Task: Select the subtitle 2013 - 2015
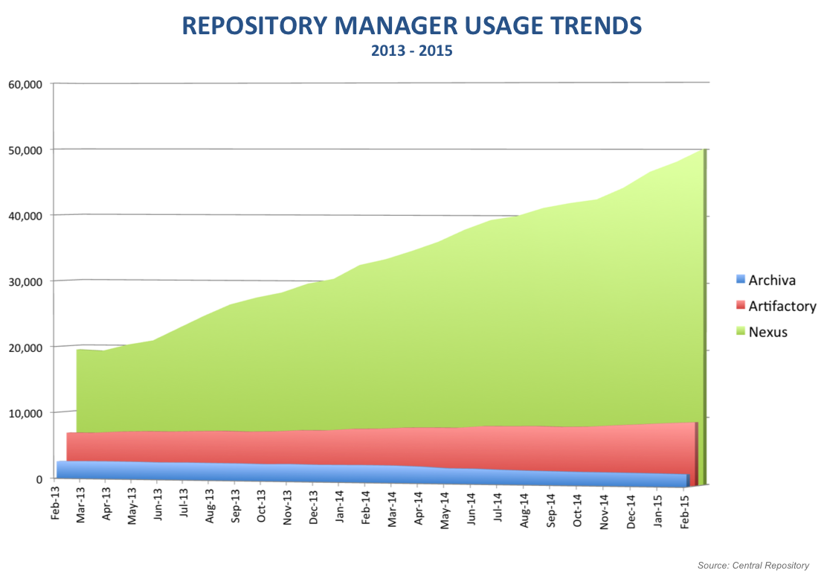coord(411,52)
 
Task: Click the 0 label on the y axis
coord(40,479)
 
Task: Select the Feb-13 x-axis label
coord(55,505)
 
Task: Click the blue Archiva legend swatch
coord(739,281)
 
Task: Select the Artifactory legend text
coord(782,306)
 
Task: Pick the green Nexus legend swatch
coord(739,332)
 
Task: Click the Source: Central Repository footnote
coord(753,566)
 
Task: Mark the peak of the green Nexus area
coord(702,150)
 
